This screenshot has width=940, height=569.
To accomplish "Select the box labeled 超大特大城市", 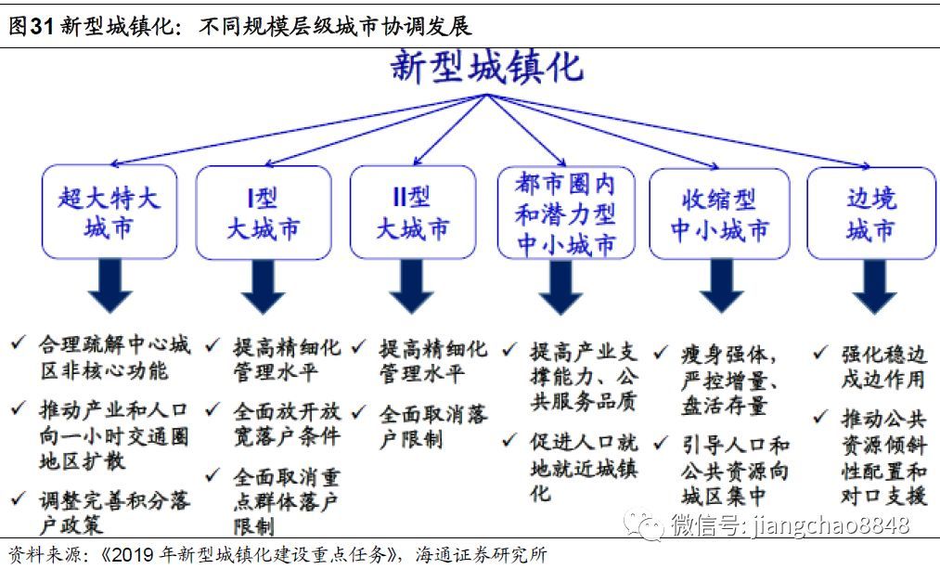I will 109,212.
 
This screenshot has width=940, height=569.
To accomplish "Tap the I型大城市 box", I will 264,212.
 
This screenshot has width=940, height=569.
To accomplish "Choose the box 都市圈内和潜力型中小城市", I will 565,213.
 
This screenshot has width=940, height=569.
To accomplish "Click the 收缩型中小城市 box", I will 720,213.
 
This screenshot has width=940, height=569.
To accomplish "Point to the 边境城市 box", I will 871,213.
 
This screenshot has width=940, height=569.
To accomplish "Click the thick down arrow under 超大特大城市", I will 110,286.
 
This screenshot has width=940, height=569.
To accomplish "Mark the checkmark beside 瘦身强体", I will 662,353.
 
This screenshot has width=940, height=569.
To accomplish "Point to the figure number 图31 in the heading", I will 31,26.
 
